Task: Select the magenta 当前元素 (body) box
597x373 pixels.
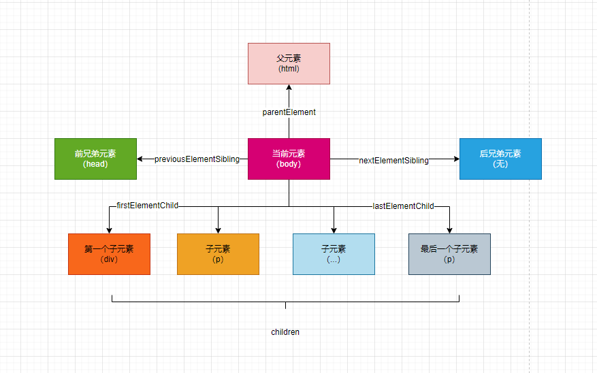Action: pyautogui.click(x=289, y=159)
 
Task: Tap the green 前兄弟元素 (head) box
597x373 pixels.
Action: pyautogui.click(x=95, y=159)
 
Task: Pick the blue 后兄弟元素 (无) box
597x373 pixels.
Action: pyautogui.click(x=500, y=159)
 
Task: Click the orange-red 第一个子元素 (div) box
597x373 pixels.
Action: pyautogui.click(x=109, y=254)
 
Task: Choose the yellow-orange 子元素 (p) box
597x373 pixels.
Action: pyautogui.click(x=218, y=254)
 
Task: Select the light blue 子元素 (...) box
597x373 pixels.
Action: pyautogui.click(x=334, y=254)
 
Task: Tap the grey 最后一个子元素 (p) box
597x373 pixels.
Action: pyautogui.click(x=449, y=254)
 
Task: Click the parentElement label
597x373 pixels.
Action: pyautogui.click(x=289, y=112)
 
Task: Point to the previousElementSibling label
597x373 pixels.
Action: pyautogui.click(x=197, y=159)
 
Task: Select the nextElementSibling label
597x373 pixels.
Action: pyautogui.click(x=393, y=161)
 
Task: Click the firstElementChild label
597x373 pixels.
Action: pyautogui.click(x=147, y=205)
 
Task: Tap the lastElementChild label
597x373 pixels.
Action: pyautogui.click(x=403, y=206)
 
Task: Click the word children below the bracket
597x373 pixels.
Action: pyautogui.click(x=285, y=332)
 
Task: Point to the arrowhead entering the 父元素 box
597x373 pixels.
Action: pyautogui.click(x=289, y=88)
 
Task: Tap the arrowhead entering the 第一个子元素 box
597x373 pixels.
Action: pyautogui.click(x=109, y=230)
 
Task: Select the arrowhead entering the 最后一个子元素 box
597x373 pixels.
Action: pyautogui.click(x=449, y=230)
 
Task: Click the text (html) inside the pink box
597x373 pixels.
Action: pyautogui.click(x=289, y=69)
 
